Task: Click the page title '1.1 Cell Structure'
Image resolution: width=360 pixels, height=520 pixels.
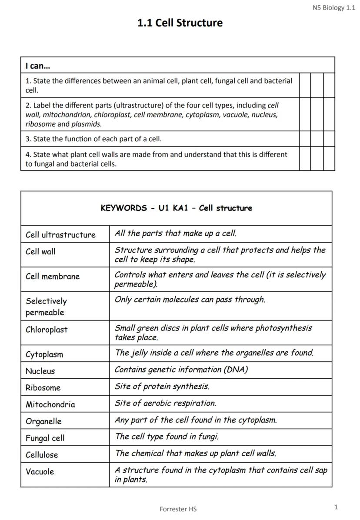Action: pos(180,23)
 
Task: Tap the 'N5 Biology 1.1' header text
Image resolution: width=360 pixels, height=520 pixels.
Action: pos(333,7)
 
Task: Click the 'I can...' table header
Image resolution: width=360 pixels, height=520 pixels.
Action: pos(38,66)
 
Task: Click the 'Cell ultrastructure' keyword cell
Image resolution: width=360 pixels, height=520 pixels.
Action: pos(60,235)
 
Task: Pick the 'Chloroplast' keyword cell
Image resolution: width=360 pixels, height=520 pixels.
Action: pos(47,330)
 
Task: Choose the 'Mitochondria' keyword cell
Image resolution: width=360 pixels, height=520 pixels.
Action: pos(50,404)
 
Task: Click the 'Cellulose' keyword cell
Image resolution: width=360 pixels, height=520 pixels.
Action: pos(42,455)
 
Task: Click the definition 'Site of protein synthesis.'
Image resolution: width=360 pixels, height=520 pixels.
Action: pos(162,386)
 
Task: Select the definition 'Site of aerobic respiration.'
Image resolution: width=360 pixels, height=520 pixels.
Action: pos(165,403)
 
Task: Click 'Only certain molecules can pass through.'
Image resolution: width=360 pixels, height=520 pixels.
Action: pos(190,300)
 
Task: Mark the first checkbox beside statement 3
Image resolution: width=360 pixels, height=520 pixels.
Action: pos(305,139)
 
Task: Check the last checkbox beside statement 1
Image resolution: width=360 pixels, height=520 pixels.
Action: pos(329,85)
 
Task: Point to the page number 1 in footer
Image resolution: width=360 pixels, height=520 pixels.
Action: pos(336,507)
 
